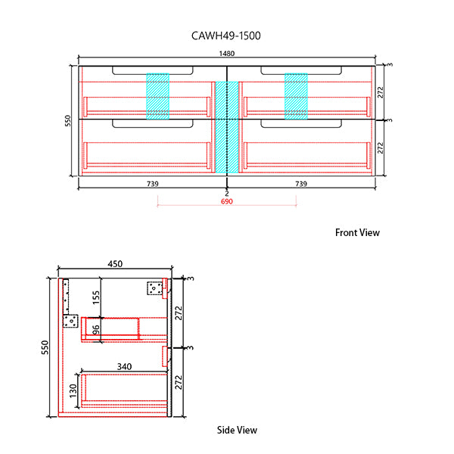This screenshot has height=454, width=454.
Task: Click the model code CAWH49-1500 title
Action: tap(228, 35)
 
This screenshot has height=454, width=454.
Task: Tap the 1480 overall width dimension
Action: tap(227, 54)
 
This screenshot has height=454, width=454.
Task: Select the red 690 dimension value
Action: tap(226, 202)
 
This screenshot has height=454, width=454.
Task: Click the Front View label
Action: tap(357, 233)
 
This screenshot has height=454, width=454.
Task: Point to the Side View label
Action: tap(237, 430)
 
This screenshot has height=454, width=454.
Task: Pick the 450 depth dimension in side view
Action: tap(114, 264)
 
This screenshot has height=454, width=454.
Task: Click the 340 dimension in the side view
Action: tap(124, 366)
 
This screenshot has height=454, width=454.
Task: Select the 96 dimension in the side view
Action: tap(96, 330)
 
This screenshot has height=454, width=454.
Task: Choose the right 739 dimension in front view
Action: tap(300, 184)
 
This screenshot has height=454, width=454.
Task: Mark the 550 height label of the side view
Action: tap(45, 347)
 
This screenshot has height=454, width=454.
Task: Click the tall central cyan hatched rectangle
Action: tap(227, 126)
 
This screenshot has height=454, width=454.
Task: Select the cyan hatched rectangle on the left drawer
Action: tap(157, 96)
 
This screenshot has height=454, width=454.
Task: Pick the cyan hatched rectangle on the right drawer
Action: tap(296, 96)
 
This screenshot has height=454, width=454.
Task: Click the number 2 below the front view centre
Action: tap(226, 194)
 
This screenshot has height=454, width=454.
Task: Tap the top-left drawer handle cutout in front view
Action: tap(151, 70)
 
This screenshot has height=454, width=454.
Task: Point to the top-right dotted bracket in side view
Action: tap(155, 288)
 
